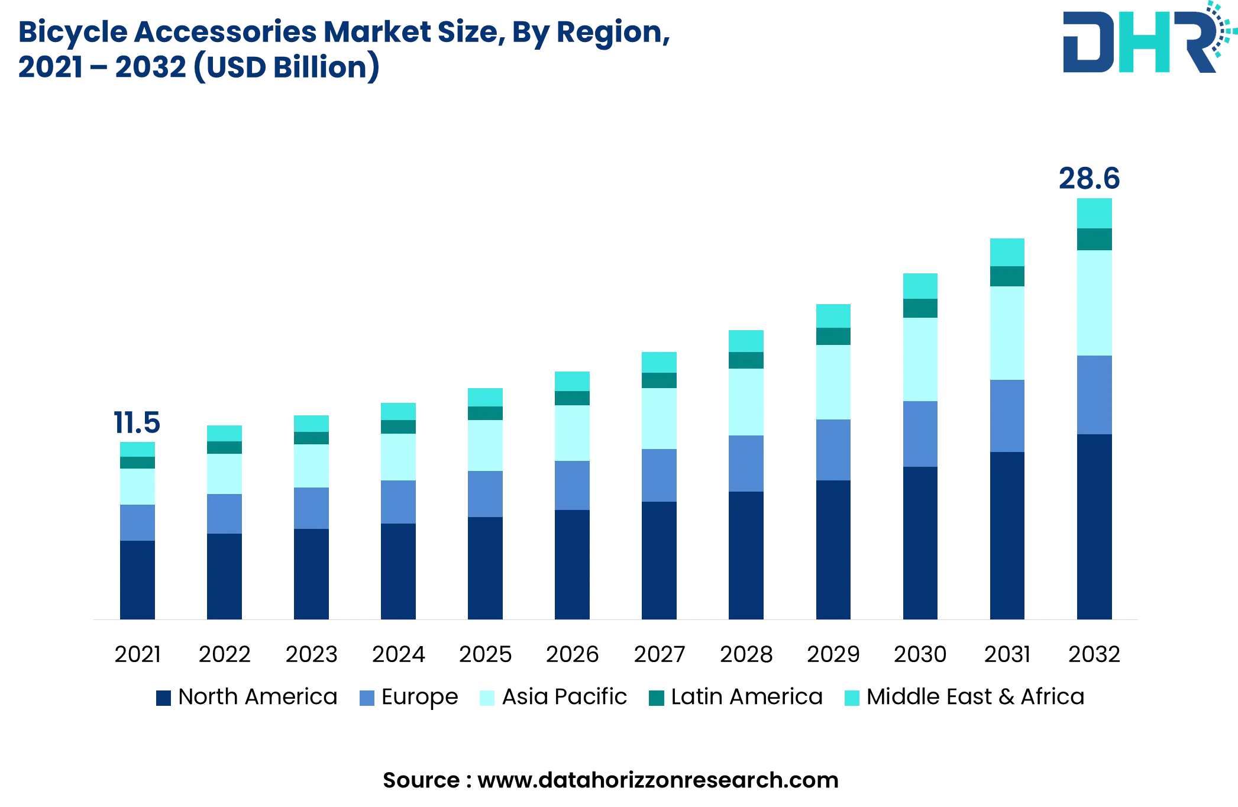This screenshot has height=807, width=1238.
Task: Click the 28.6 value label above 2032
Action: point(1089,179)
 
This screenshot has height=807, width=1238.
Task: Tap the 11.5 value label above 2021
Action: point(137,423)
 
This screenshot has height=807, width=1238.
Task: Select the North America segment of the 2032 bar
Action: point(1094,527)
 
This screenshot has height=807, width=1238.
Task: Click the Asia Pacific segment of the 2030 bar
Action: point(920,359)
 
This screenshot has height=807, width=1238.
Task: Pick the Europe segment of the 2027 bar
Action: point(659,475)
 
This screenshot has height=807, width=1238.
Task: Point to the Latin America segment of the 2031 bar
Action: point(1007,276)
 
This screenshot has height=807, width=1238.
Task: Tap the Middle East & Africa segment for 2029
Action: point(833,316)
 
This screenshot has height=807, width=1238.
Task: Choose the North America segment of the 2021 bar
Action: point(137,580)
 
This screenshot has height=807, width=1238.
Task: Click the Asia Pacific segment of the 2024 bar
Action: point(398,457)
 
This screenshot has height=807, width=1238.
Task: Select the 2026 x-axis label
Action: point(572,654)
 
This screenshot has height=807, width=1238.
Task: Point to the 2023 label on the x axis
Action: point(311,654)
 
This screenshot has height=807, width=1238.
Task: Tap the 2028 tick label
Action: point(746,654)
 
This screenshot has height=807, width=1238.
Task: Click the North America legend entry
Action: point(247,697)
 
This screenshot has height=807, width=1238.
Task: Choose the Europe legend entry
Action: point(409,697)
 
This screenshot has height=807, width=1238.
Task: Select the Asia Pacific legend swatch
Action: point(487,698)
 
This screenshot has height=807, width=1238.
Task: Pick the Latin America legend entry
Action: point(736,697)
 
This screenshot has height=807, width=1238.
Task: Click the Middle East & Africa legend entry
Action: point(965,697)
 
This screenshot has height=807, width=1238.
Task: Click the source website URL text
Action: point(658,780)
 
